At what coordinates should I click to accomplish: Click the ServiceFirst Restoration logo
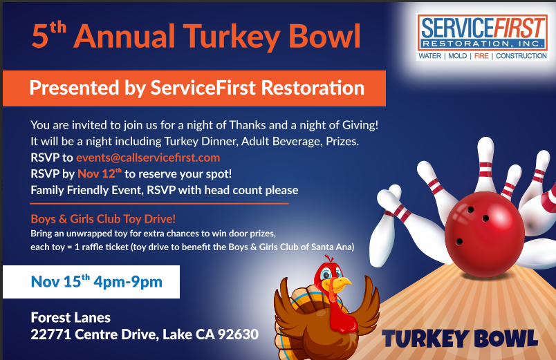[x=483, y=37]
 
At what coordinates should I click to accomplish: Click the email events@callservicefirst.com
[x=148, y=158]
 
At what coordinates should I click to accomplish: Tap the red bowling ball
[x=484, y=234]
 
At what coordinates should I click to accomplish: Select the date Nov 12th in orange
[x=100, y=173]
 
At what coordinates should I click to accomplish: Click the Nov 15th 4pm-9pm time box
[x=91, y=282]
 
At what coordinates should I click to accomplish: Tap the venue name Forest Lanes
[x=71, y=317]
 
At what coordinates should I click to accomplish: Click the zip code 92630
[x=238, y=334]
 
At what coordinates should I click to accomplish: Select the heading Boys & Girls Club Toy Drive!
[x=103, y=219]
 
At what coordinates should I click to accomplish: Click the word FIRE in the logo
[x=481, y=56]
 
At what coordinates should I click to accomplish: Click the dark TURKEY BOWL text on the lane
[x=460, y=338]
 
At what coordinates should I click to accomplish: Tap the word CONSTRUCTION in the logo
[x=521, y=56]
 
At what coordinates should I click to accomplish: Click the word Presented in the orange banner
[x=74, y=88]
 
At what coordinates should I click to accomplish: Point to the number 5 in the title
[x=39, y=36]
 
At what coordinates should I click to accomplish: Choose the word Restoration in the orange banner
[x=313, y=88]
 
